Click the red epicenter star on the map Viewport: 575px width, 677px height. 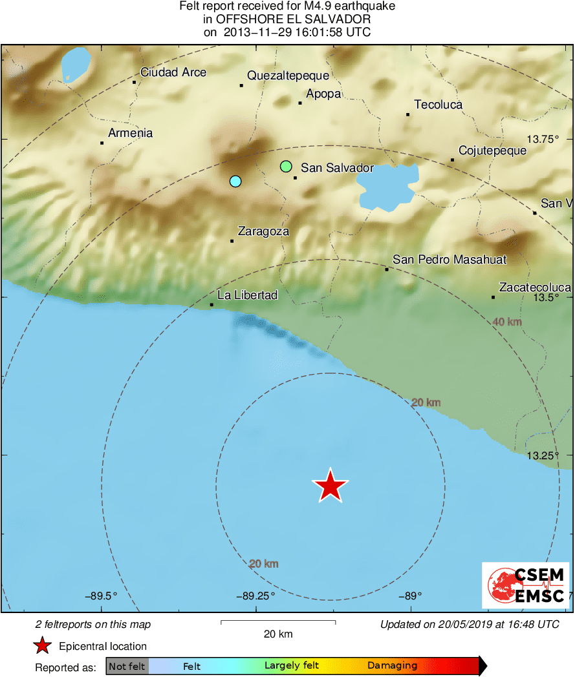[331, 486]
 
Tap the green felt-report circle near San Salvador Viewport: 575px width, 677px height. [286, 167]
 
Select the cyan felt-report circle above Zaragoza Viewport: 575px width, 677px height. [235, 182]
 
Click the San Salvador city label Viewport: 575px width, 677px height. [337, 168]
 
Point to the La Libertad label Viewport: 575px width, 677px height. [247, 295]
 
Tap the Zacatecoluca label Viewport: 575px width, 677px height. [535, 287]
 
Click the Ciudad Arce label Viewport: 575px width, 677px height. [173, 72]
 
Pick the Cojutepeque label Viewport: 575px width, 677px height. [492, 151]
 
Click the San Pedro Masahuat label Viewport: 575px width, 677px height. [450, 260]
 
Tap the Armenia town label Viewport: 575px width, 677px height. [131, 133]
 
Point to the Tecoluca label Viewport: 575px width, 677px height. [438, 105]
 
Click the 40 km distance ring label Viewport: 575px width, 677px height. [507, 322]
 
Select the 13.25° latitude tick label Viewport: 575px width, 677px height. [542, 455]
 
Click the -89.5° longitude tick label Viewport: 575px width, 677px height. [102, 596]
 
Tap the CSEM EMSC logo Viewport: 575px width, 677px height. [526, 585]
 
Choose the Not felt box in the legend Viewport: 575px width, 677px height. [127, 666]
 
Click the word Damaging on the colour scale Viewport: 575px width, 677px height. [392, 666]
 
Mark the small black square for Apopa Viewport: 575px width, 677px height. [300, 103]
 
